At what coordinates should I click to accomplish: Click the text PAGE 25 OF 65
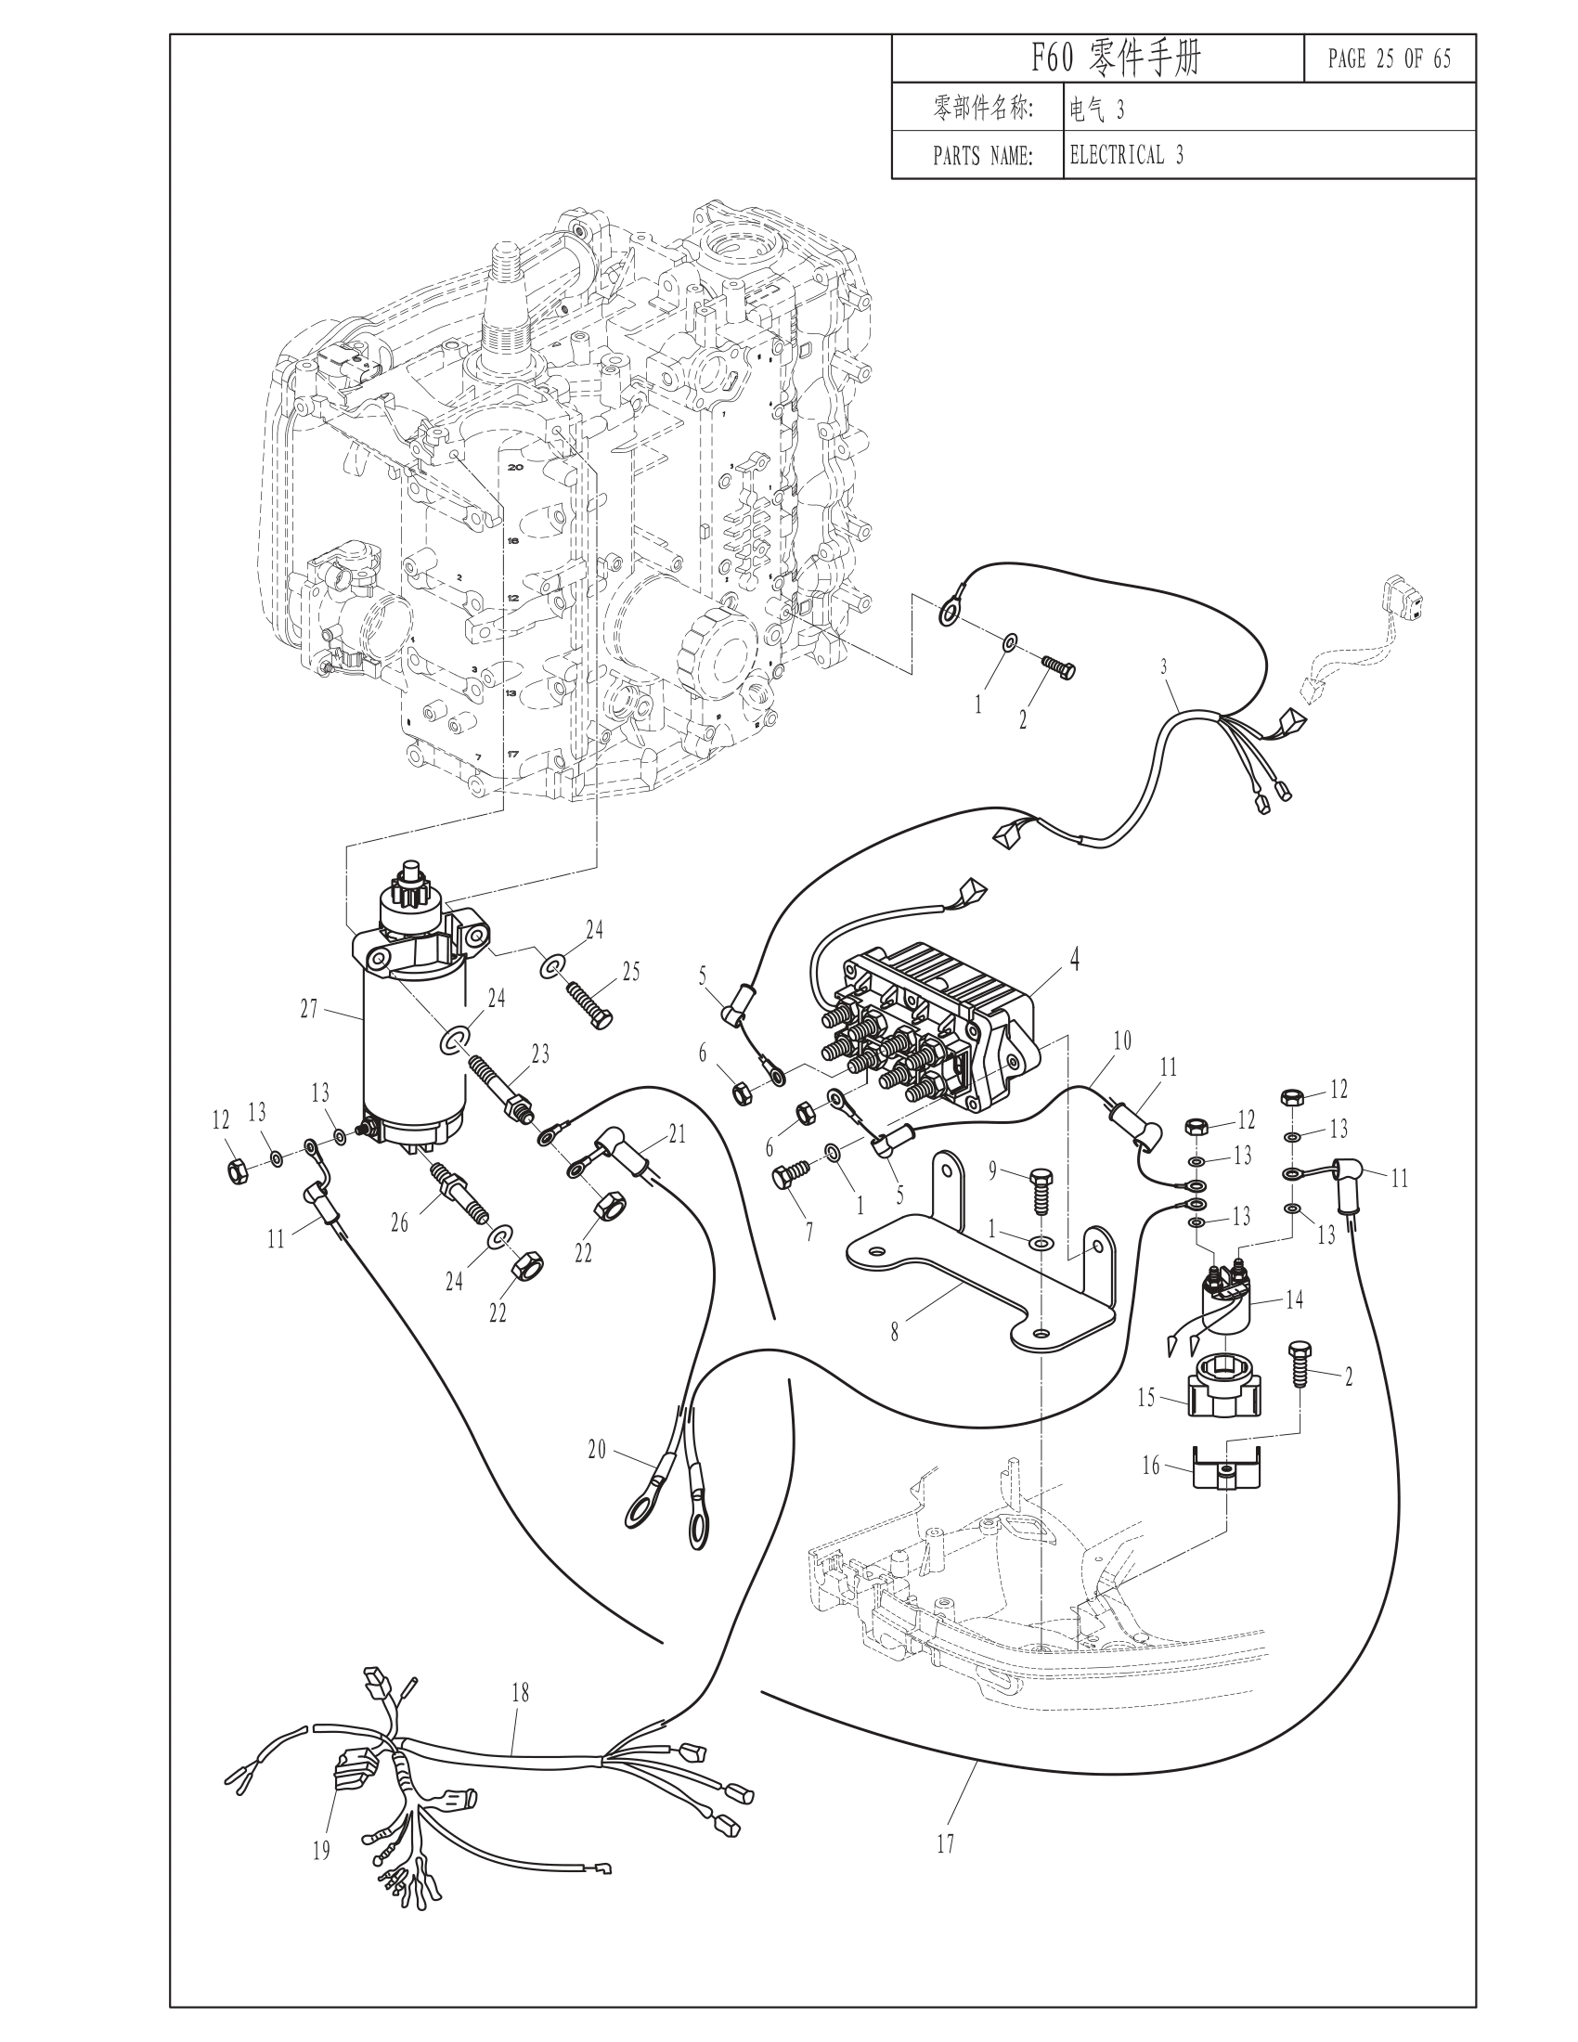point(1390,58)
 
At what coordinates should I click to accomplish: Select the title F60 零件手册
point(1115,58)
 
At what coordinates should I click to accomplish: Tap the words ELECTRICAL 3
point(1127,155)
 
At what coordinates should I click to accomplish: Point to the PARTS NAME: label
point(982,156)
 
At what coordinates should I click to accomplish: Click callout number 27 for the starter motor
point(309,1009)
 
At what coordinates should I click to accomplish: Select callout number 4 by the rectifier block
point(1075,960)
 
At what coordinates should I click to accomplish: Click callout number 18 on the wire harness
point(521,1692)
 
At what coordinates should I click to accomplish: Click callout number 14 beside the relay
point(1294,1299)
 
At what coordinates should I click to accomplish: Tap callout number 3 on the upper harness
point(1164,666)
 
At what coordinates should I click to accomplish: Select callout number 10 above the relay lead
point(1123,1040)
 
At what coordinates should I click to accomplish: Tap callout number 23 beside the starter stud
point(540,1053)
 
